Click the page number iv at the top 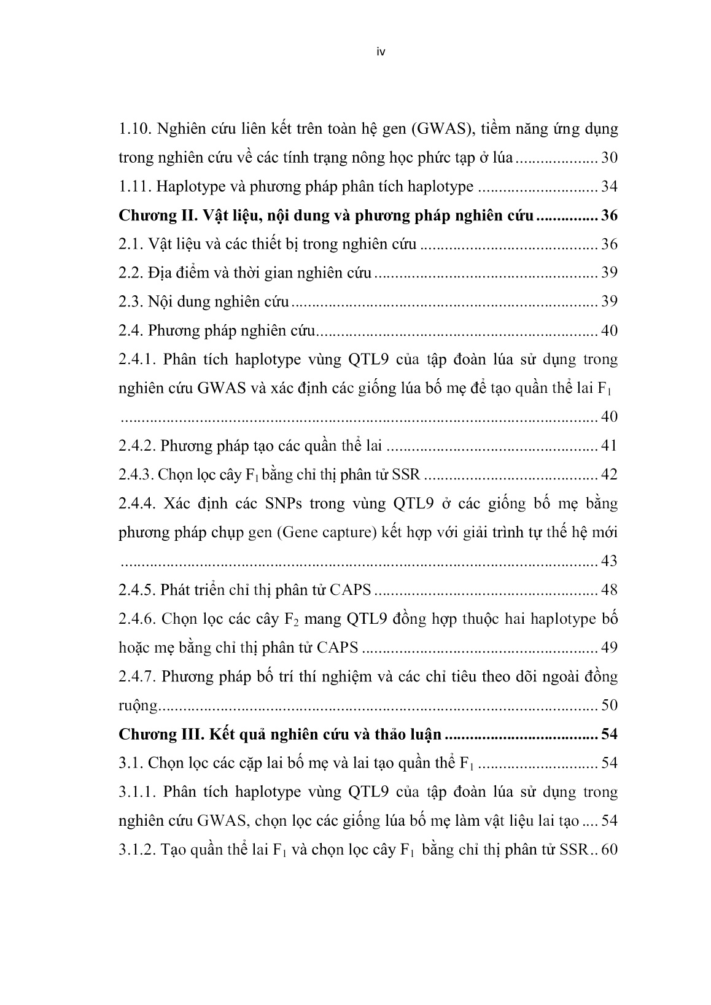[380, 52]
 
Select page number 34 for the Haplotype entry [609, 187]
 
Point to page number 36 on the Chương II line [609, 215]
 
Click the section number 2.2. [130, 273]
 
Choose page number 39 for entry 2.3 [609, 301]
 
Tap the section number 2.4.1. [138, 359]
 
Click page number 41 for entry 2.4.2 [609, 446]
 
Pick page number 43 [609, 561]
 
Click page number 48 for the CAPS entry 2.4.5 [609, 590]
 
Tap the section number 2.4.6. [138, 618]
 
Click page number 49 [609, 647]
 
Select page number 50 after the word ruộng [609, 705]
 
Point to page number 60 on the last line [609, 850]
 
